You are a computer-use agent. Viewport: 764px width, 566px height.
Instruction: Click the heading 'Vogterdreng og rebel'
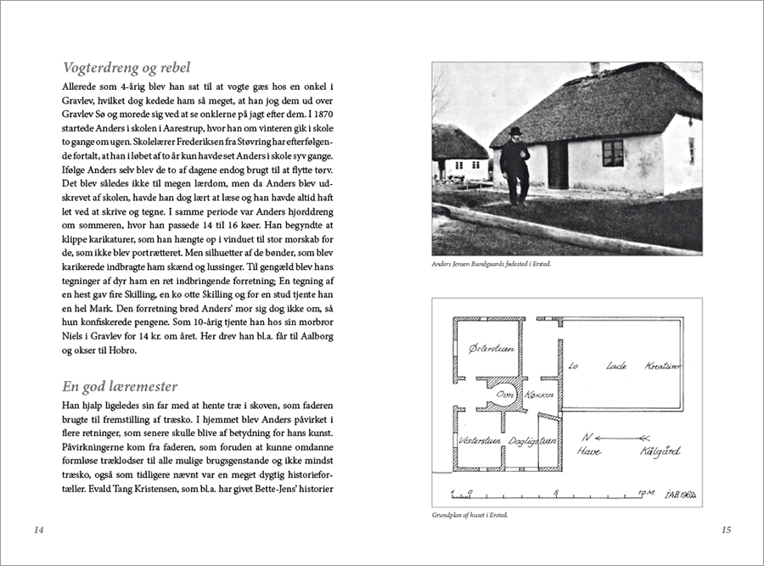pyautogui.click(x=126, y=68)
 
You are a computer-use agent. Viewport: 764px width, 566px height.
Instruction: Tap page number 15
pyautogui.click(x=726, y=530)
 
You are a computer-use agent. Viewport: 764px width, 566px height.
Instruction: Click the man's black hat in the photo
pyautogui.click(x=515, y=131)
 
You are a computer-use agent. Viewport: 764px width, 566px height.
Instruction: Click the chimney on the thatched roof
pyautogui.click(x=595, y=67)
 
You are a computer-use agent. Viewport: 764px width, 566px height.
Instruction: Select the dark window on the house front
pyautogui.click(x=613, y=154)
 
